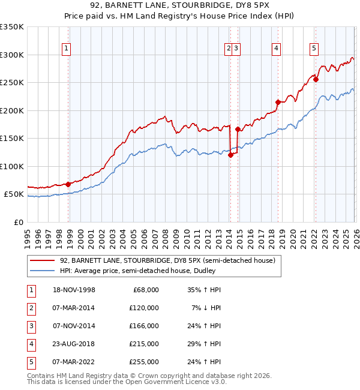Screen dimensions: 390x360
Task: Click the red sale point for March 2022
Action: click(x=316, y=80)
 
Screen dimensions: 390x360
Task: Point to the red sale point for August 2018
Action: click(x=278, y=102)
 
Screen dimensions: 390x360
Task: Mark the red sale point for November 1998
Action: click(x=68, y=184)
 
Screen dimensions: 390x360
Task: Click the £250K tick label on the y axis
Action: click(x=12, y=83)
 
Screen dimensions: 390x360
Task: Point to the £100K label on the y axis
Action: click(x=12, y=166)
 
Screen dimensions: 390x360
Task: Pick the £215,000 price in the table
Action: click(x=145, y=344)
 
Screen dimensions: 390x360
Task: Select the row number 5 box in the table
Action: click(x=29, y=362)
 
